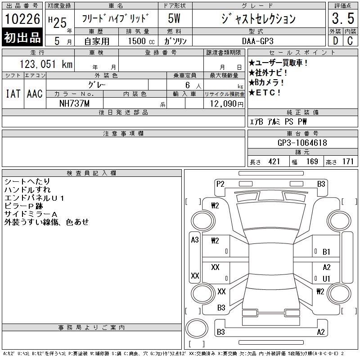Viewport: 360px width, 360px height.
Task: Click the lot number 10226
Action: click(22, 19)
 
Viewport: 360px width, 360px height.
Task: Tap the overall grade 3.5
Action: click(343, 18)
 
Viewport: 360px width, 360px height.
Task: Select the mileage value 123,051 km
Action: click(46, 64)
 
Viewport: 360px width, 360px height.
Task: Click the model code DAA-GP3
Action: click(257, 41)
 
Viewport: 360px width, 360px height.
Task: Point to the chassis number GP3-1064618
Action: click(302, 143)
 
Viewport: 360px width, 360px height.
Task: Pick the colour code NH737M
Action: click(74, 103)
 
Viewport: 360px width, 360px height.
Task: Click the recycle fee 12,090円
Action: click(227, 104)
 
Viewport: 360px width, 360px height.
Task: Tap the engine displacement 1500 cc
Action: click(141, 41)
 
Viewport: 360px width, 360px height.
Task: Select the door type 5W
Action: click(174, 18)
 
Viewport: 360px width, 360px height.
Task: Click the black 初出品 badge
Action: click(22, 37)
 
